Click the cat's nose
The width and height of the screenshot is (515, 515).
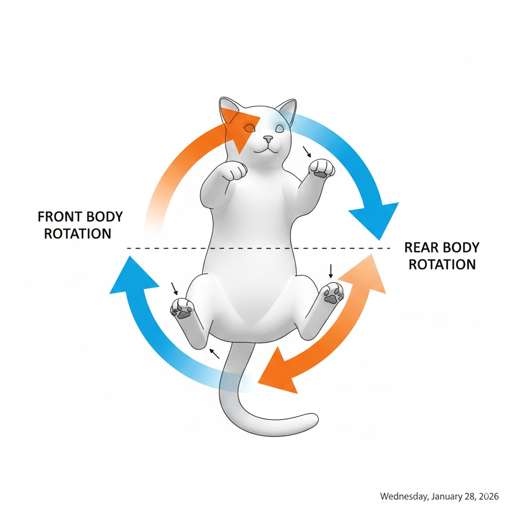[268, 137]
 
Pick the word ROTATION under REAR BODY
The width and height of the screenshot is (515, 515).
[442, 264]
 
